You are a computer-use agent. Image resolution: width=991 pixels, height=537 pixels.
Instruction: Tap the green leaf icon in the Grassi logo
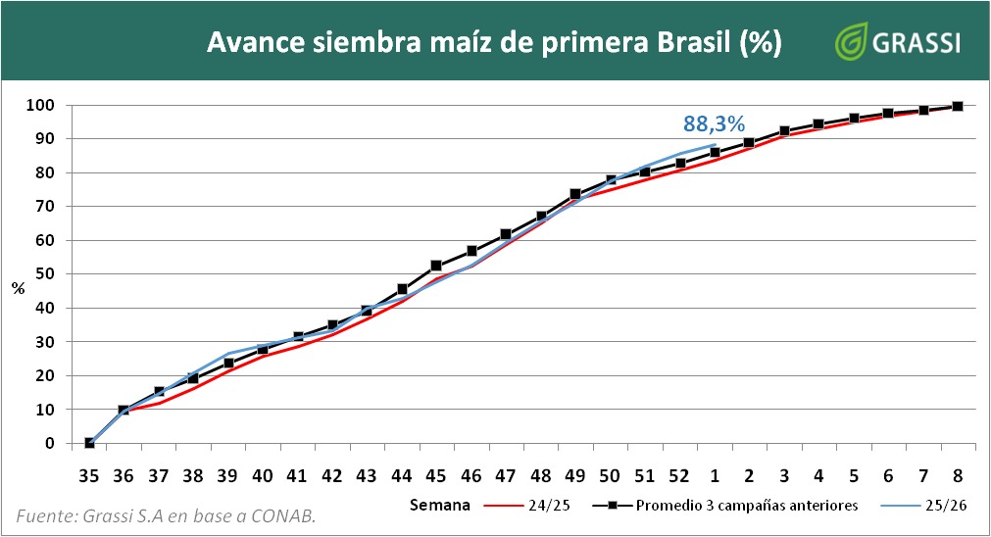click(x=849, y=43)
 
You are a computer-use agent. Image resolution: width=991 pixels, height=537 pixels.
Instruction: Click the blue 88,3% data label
click(x=714, y=123)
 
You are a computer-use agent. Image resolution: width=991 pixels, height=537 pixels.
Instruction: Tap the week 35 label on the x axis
click(x=89, y=475)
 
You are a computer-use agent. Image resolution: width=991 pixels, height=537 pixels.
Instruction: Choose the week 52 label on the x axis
click(x=678, y=475)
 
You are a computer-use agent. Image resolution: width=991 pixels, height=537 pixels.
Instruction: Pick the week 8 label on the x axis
click(x=958, y=475)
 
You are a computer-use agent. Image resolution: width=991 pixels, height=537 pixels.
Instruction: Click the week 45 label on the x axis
click(x=436, y=475)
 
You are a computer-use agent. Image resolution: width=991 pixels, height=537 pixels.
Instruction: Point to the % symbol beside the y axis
click(x=18, y=287)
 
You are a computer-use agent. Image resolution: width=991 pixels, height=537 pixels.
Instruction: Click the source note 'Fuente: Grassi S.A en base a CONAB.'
click(x=166, y=517)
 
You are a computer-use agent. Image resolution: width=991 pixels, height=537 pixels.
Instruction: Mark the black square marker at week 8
click(x=958, y=107)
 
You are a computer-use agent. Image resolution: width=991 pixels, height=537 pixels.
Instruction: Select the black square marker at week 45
click(x=436, y=266)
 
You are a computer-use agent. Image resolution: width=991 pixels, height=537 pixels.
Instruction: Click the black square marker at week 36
click(x=124, y=410)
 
